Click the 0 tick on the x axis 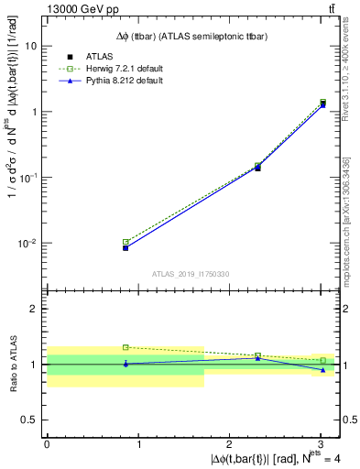point(47,445)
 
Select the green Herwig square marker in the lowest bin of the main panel point(125,242)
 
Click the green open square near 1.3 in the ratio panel point(125,347)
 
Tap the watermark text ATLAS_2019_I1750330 point(191,274)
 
